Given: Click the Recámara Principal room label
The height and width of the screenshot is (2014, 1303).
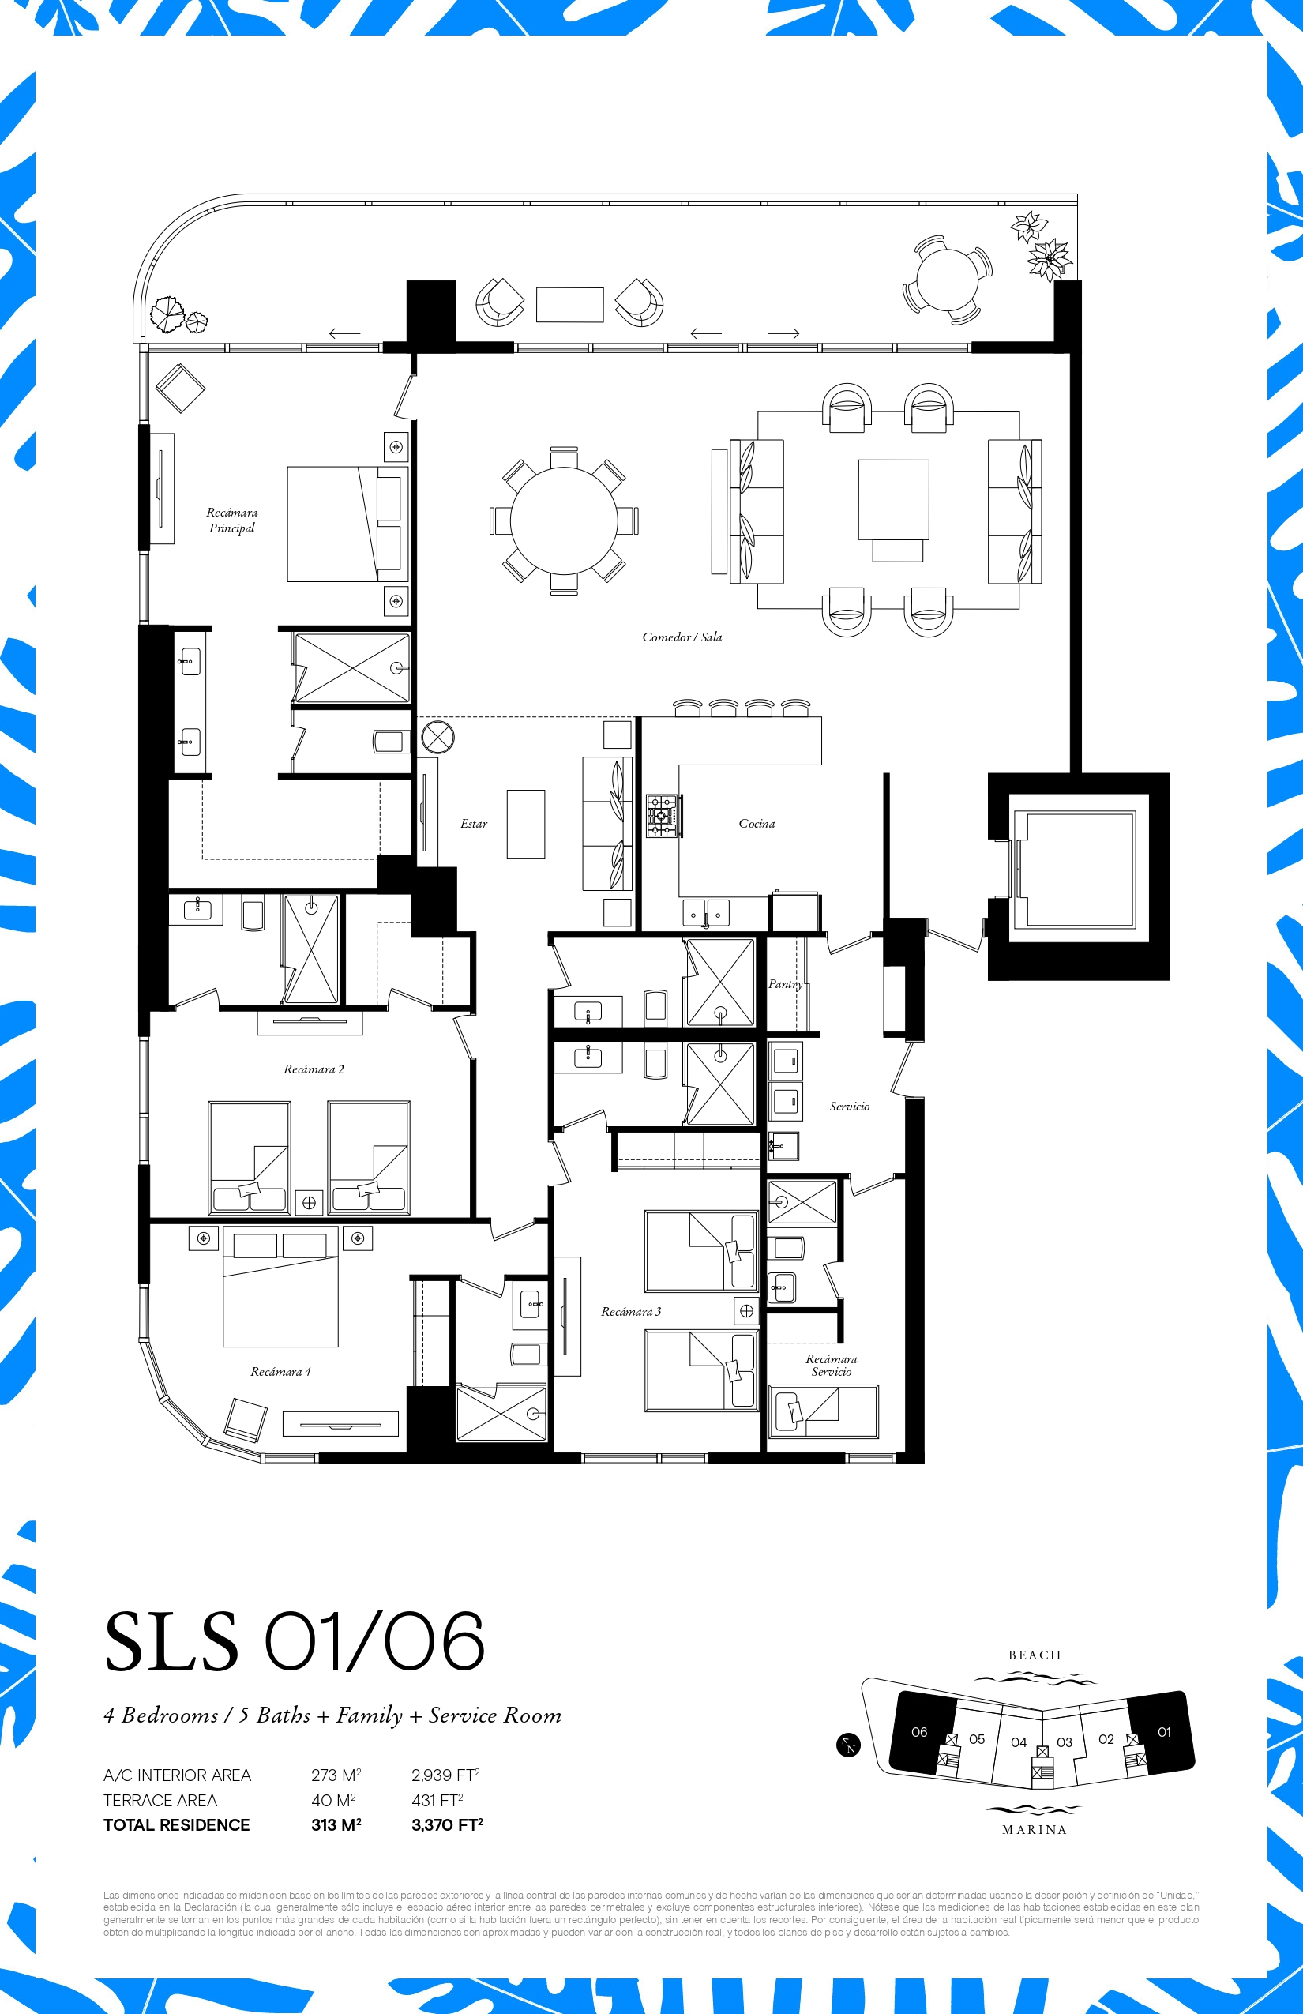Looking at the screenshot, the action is (x=232, y=520).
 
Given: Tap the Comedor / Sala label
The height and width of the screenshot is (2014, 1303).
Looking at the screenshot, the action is (x=682, y=637).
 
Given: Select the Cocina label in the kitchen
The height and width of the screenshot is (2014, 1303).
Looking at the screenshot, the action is (x=757, y=823).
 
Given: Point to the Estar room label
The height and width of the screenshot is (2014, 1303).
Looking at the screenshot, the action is (x=474, y=823).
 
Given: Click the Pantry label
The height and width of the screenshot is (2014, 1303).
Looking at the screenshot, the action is (x=785, y=984).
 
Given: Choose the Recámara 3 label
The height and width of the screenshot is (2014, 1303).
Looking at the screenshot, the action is (x=631, y=1312).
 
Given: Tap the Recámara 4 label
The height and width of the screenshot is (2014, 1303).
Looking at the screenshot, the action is (x=280, y=1372).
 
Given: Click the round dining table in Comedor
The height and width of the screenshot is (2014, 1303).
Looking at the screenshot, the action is (x=564, y=520).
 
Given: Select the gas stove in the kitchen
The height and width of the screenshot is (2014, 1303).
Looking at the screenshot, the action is (x=663, y=816).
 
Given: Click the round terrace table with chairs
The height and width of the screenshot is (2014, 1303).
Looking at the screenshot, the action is (x=947, y=280).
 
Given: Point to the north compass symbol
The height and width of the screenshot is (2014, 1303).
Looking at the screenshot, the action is (x=848, y=1745).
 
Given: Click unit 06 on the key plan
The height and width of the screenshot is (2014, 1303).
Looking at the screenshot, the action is (x=919, y=1732).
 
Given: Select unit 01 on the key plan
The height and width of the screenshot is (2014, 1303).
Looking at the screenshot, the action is (x=1162, y=1732).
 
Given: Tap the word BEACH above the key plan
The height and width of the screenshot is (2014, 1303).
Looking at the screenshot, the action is (x=1034, y=1655).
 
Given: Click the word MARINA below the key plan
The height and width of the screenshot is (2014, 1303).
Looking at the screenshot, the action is (x=1034, y=1829).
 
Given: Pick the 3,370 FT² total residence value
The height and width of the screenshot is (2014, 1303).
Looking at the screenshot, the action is (x=447, y=1824).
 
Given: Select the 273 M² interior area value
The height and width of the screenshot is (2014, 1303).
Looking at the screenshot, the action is (x=336, y=1775).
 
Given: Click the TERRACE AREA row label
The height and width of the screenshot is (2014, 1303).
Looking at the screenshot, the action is (x=160, y=1800).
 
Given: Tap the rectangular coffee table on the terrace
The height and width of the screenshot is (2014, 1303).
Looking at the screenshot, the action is (x=569, y=305).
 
